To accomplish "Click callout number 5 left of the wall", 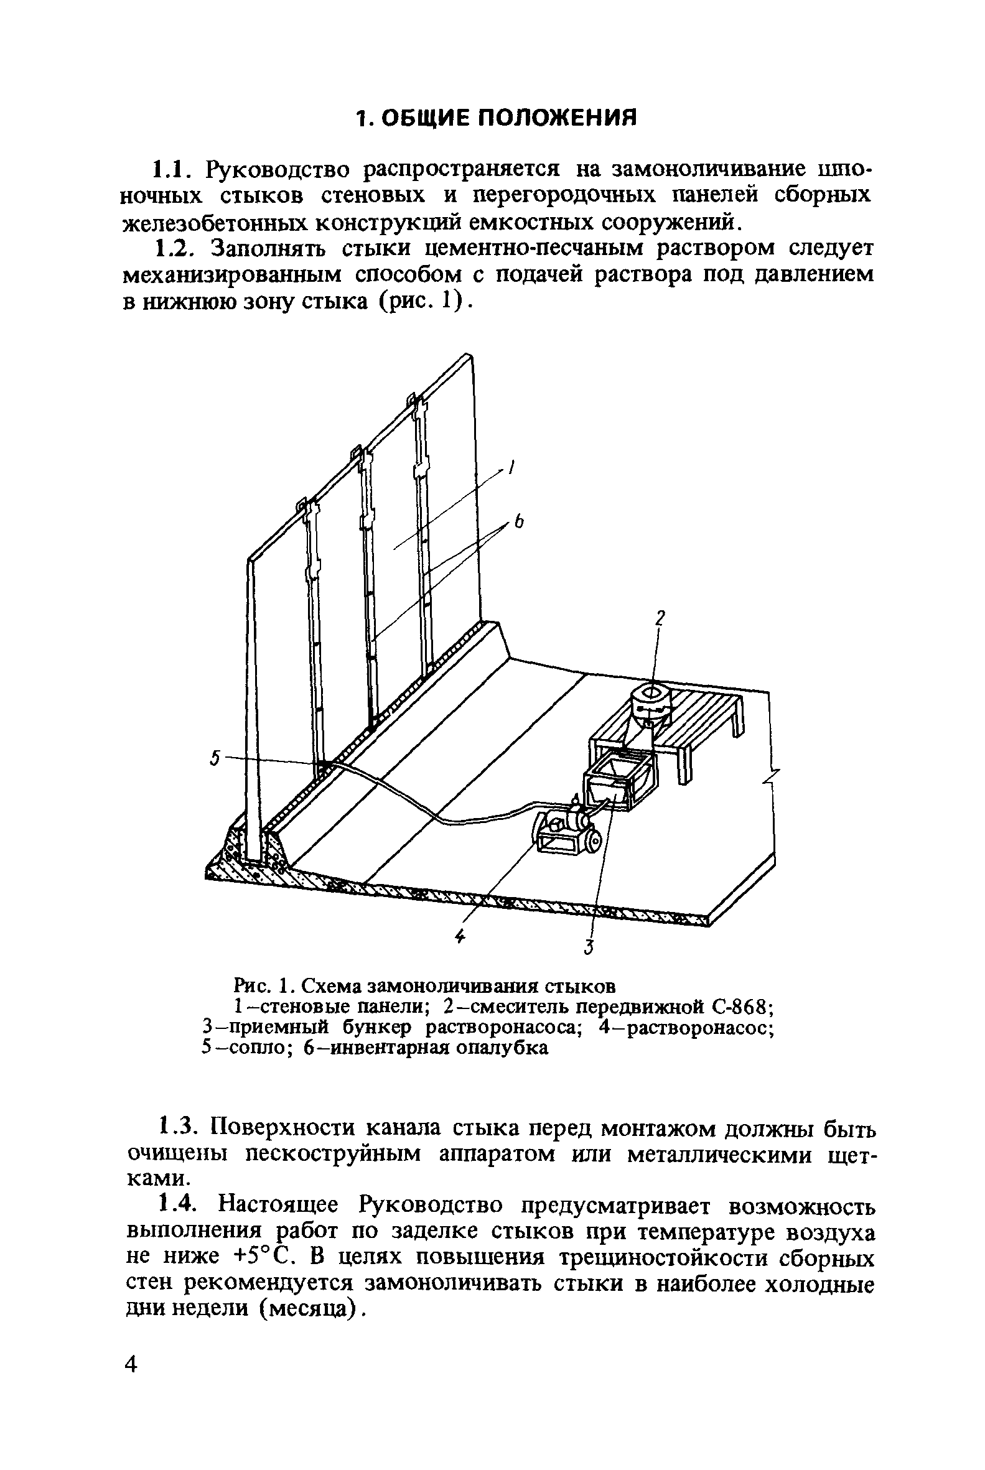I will (x=215, y=758).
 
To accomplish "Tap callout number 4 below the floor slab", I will (x=460, y=936).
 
